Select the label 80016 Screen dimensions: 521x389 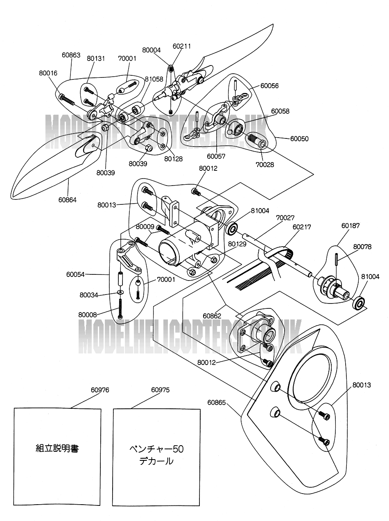48,73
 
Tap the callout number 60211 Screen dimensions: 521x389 182,46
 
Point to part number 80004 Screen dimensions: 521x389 152,50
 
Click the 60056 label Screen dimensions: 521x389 269,86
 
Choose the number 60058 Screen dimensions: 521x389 280,111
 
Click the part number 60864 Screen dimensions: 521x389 67,199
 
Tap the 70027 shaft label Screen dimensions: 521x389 285,217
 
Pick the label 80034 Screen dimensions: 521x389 88,294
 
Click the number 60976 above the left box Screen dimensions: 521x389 100,390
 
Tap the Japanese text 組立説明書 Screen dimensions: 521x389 57,448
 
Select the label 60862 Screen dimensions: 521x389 212,316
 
